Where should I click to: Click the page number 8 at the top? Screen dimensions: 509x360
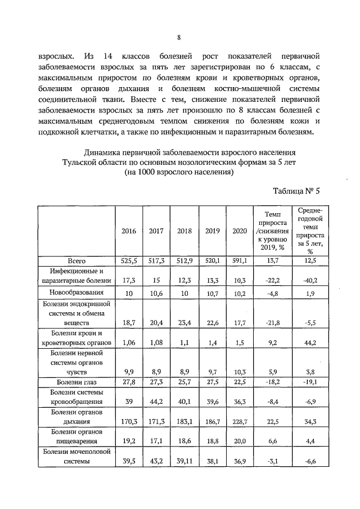point(178,38)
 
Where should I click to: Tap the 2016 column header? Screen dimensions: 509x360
point(129,231)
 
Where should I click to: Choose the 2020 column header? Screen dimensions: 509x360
point(239,231)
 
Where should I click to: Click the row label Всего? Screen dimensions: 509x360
point(76,260)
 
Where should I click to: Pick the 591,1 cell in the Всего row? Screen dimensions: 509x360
point(239,260)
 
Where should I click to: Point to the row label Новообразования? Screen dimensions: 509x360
point(76,293)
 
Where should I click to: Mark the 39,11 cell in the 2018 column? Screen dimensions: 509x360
point(184,462)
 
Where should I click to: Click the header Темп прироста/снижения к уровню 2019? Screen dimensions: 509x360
point(272,231)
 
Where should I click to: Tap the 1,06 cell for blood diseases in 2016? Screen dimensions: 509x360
point(129,343)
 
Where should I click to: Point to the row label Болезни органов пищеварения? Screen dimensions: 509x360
point(76,436)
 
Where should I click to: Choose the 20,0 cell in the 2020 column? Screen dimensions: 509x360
point(239,442)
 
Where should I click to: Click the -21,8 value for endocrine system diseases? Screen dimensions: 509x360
point(272,323)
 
